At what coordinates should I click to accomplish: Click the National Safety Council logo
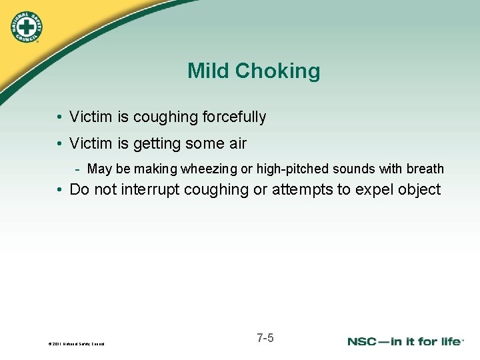coord(27,26)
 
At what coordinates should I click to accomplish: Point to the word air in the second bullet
coord(237,143)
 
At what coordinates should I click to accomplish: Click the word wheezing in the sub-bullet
coord(207,169)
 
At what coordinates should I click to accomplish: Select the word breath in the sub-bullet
coord(425,169)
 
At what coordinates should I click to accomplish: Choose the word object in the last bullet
coord(419,189)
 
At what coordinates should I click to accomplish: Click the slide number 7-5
coord(265,338)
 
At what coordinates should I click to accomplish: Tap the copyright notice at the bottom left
coord(76,344)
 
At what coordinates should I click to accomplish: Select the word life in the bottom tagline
coord(449,341)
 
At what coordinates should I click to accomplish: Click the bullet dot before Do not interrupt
coord(61,190)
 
